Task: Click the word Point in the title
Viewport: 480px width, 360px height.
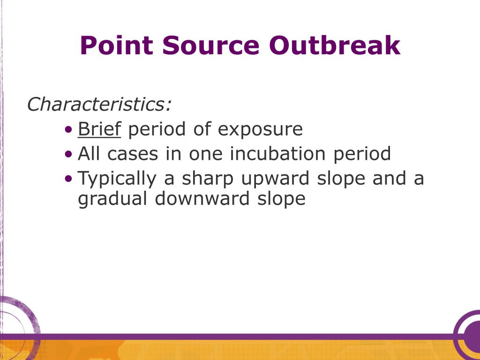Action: click(x=117, y=45)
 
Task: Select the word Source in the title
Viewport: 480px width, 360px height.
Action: click(x=211, y=45)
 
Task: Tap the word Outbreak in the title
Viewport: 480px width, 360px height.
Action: click(x=335, y=45)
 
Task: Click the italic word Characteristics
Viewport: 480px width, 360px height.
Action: click(x=99, y=104)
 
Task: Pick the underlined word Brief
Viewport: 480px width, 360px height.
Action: click(x=99, y=128)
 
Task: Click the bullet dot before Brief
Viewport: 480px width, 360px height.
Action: click(x=69, y=129)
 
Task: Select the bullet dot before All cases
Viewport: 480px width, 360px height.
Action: click(x=69, y=154)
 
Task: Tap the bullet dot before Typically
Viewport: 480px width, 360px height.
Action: click(x=69, y=178)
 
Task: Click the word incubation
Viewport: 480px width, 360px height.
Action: click(x=277, y=153)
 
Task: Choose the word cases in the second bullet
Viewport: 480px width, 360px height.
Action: click(x=133, y=154)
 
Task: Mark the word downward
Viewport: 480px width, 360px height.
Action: click(x=202, y=198)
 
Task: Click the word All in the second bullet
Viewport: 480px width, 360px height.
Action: click(x=89, y=153)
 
